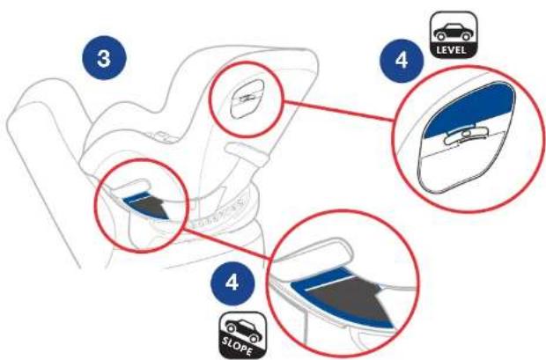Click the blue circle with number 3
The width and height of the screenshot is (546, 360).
tap(104, 58)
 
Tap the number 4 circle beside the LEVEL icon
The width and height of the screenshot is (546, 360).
tap(402, 61)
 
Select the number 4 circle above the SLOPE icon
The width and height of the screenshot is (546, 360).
tap(232, 283)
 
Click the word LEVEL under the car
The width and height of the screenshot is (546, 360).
tap(451, 50)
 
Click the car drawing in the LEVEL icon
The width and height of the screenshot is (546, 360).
tap(451, 32)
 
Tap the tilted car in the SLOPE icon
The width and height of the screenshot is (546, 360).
tap(243, 331)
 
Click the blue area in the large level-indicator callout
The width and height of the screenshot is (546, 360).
tap(471, 108)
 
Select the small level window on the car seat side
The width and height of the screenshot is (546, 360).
tap(247, 99)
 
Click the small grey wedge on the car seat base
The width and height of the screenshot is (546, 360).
tap(149, 208)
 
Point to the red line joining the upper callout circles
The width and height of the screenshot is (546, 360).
tap(339, 111)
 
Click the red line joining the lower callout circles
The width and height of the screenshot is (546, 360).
tap(228, 243)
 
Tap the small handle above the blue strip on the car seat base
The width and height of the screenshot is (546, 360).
tap(131, 186)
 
